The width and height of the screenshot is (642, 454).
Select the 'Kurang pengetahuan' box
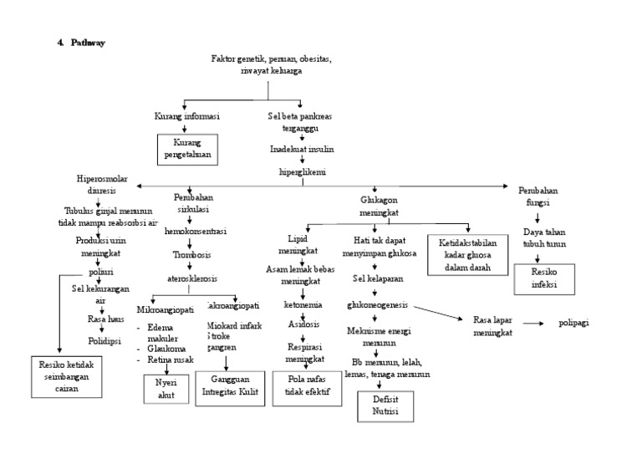[187, 148]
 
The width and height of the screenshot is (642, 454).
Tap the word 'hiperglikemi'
[302, 170]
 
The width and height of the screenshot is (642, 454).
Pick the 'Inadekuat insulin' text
[301, 150]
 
